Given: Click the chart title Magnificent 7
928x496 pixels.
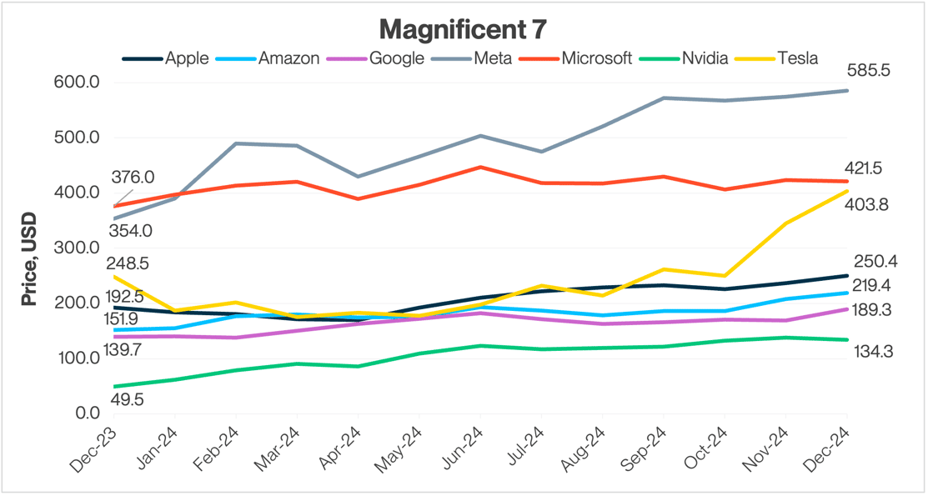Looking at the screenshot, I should point(464,29).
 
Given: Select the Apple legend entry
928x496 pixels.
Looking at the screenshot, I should point(166,58).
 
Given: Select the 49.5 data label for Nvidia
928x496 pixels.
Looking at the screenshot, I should point(127,401).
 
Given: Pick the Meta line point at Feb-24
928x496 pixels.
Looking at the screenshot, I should point(236,143).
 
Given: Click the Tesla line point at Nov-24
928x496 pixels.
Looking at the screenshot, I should point(785,223).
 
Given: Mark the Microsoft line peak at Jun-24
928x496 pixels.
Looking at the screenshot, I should point(480,167).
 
